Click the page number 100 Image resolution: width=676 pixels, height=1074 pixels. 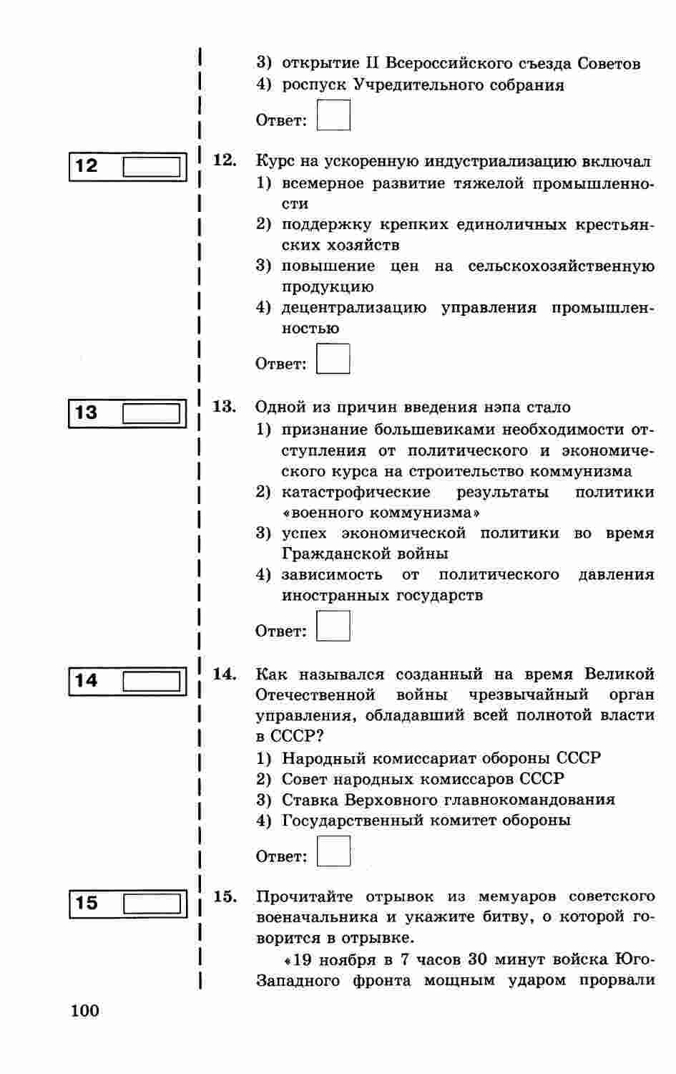(85, 1011)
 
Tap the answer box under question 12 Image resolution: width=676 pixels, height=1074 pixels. (333, 359)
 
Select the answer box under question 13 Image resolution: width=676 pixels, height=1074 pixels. (333, 626)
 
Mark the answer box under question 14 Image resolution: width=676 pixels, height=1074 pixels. (333, 852)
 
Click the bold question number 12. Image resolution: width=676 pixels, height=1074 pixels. (225, 160)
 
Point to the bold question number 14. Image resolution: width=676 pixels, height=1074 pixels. (225, 674)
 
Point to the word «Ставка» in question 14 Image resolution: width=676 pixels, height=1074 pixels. (310, 800)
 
